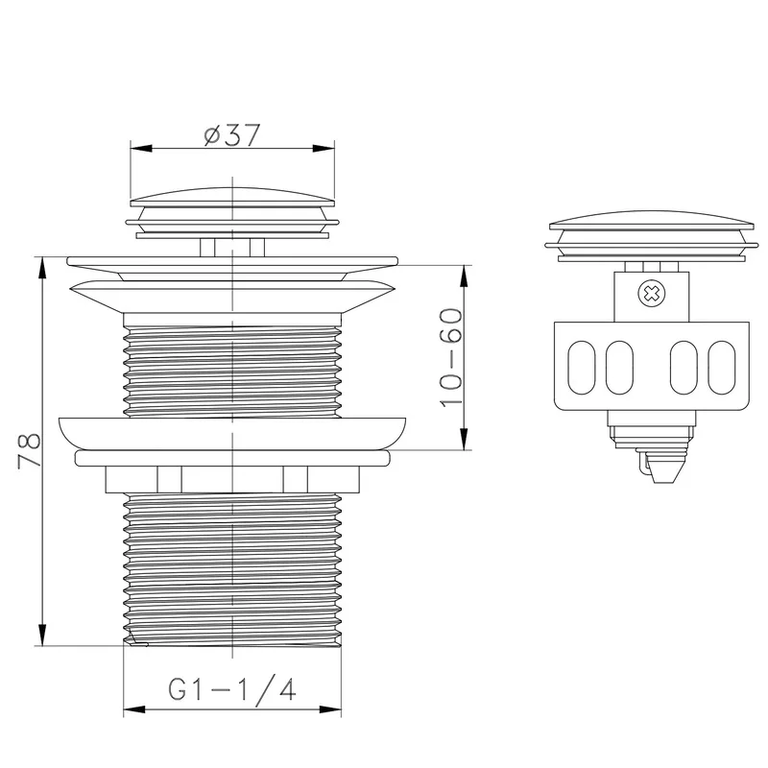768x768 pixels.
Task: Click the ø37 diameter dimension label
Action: click(x=232, y=134)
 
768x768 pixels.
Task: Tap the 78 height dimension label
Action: click(x=30, y=450)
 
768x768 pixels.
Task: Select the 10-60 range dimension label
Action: click(x=451, y=357)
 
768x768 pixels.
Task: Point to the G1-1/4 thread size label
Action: click(x=232, y=689)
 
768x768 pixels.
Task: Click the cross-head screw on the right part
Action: click(x=651, y=294)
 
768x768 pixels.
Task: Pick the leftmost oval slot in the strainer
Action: click(x=582, y=368)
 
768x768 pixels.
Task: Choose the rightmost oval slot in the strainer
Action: click(x=722, y=368)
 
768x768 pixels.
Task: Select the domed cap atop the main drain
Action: click(x=232, y=197)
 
